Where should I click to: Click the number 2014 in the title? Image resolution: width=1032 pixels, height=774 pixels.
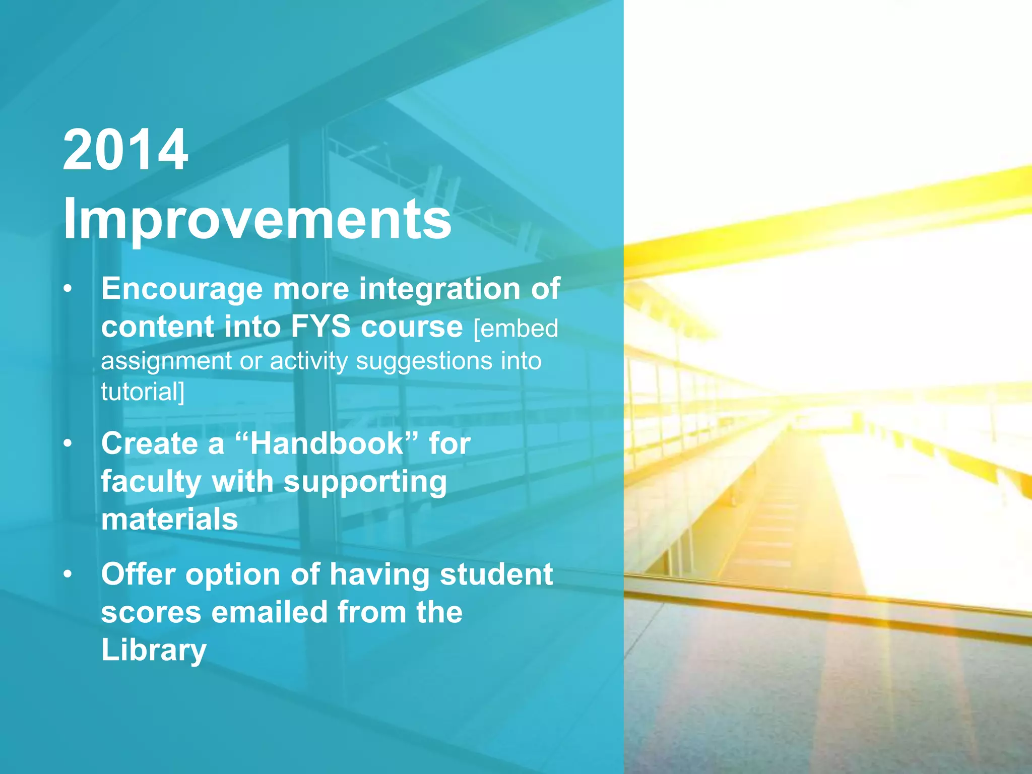tap(125, 150)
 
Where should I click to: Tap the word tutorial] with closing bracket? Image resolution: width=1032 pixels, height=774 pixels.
tap(143, 392)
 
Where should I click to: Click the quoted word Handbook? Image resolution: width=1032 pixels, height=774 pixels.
tap(327, 444)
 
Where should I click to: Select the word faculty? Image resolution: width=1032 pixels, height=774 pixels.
tap(151, 482)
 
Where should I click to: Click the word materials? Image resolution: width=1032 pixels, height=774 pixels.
tap(169, 520)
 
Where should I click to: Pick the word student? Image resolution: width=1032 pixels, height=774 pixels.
tap(496, 574)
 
